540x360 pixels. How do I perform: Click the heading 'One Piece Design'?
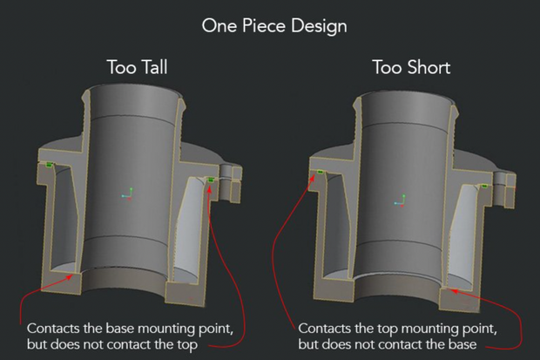[274, 25]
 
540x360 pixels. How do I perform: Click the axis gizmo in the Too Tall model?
[127, 192]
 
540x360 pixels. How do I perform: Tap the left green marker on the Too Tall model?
[50, 163]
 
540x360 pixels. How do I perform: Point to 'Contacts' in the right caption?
[324, 329]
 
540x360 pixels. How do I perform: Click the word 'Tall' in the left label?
[155, 67]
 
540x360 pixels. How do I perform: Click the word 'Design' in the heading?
[321, 25]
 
